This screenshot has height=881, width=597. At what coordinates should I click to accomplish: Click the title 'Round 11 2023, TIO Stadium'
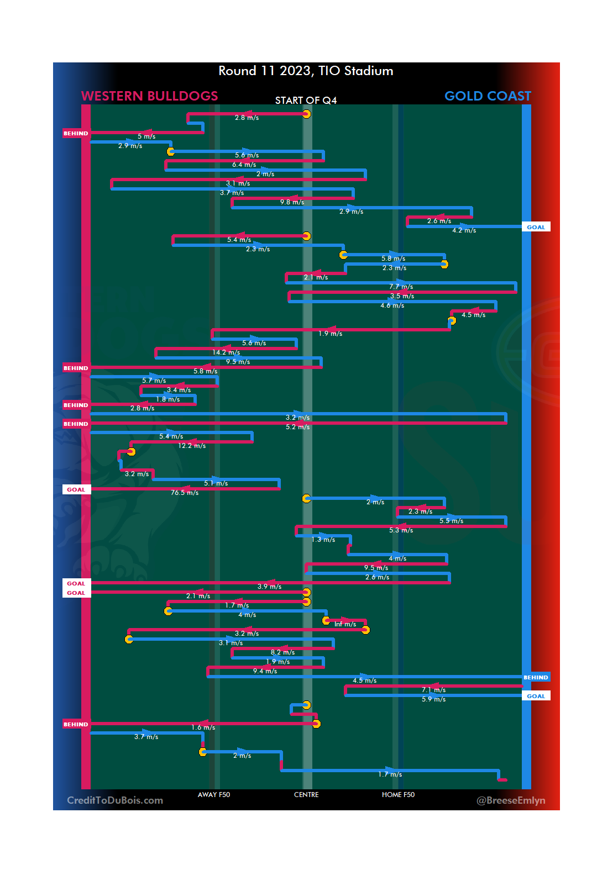[306, 71]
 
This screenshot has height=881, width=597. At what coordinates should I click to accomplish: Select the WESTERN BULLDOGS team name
[149, 96]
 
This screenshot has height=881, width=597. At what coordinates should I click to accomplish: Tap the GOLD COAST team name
[488, 96]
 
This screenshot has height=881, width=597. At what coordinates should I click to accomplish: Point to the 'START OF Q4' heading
[306, 101]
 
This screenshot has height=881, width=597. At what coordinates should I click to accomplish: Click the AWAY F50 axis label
[214, 795]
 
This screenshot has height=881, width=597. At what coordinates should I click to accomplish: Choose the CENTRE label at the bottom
[306, 795]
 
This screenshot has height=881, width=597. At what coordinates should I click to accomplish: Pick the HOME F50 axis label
[398, 795]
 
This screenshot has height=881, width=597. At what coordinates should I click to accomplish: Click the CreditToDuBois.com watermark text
[115, 800]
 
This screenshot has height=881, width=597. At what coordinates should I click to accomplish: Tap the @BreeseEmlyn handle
[511, 800]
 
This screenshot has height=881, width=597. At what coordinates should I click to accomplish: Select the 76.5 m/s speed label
[185, 493]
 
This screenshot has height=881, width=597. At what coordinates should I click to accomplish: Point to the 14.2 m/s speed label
[226, 352]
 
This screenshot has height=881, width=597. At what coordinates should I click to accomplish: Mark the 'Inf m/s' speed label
[345, 624]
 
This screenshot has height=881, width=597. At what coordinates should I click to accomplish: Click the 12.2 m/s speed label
[192, 446]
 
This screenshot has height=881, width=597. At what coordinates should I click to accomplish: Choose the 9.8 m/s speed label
[292, 202]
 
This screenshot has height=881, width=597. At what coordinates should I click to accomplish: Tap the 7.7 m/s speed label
[401, 287]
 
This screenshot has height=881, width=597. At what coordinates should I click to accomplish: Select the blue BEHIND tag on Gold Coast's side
[536, 678]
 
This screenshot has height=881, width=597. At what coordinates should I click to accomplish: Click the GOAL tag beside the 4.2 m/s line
[536, 227]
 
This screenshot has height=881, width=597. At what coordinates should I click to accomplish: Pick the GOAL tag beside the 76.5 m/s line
[76, 490]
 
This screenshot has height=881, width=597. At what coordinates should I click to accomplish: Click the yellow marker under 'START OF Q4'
[306, 114]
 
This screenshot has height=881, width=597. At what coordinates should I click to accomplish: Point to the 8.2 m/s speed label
[282, 652]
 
